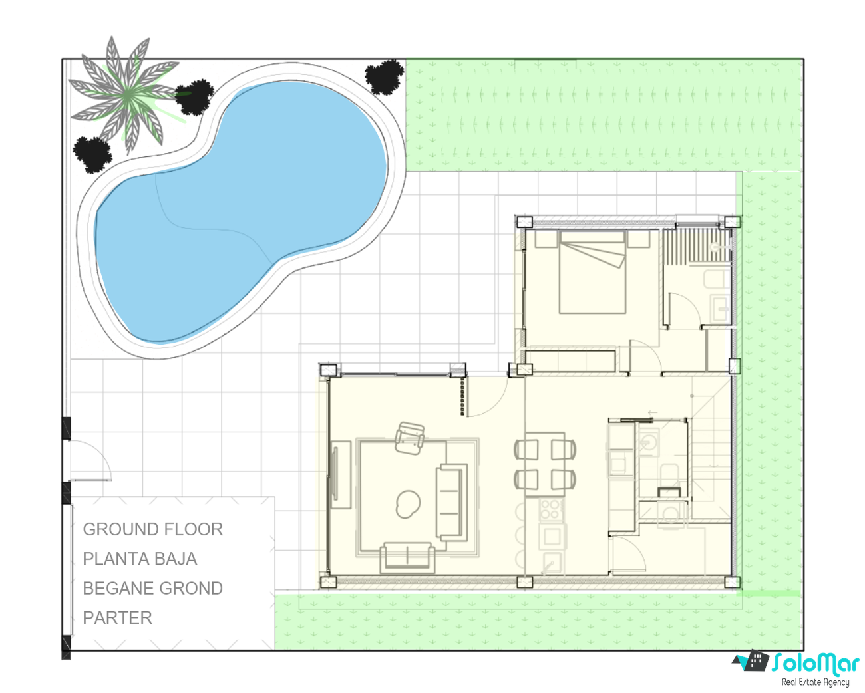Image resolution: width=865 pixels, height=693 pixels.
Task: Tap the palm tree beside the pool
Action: pyautogui.click(x=128, y=95)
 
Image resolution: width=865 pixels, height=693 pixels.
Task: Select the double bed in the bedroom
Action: pyautogui.click(x=592, y=273)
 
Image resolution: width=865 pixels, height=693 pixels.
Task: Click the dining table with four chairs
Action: pyautogui.click(x=545, y=464)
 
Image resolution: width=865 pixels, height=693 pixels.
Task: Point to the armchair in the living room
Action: pyautogui.click(x=410, y=438)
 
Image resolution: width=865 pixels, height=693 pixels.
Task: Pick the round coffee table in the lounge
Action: pyautogui.click(x=408, y=505)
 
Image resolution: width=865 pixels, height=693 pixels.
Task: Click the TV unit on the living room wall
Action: pyautogui.click(x=341, y=475)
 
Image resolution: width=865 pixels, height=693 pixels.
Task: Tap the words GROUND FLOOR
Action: pyautogui.click(x=153, y=529)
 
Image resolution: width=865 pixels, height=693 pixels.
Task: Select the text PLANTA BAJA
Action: pyautogui.click(x=140, y=559)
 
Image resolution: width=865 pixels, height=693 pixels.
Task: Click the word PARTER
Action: pyautogui.click(x=117, y=618)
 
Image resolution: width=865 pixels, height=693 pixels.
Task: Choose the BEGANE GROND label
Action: pyautogui.click(x=153, y=588)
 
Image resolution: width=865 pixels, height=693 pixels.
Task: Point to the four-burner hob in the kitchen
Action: pyautogui.click(x=550, y=509)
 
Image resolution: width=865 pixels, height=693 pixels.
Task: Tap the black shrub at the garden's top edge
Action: pyautogui.click(x=385, y=77)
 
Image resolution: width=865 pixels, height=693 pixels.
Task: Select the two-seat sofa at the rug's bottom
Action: pyautogui.click(x=407, y=558)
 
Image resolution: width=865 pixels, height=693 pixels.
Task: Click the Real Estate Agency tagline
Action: pyautogui.click(x=815, y=682)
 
